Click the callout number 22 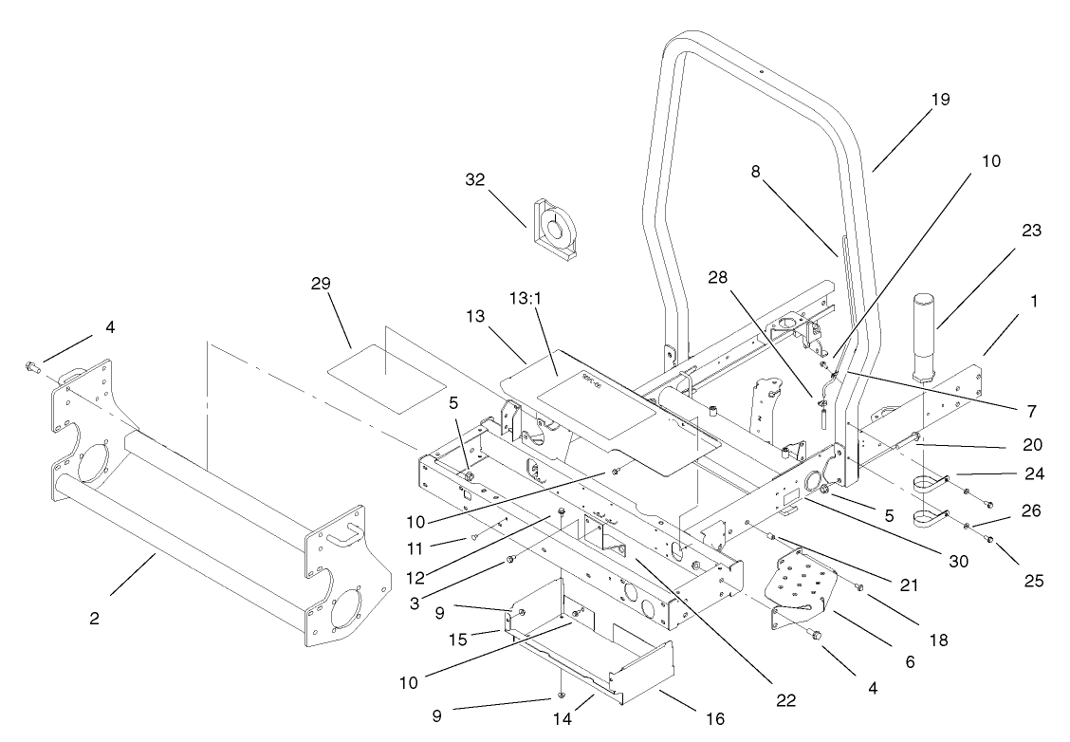(783, 701)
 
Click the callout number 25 (1032, 580)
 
